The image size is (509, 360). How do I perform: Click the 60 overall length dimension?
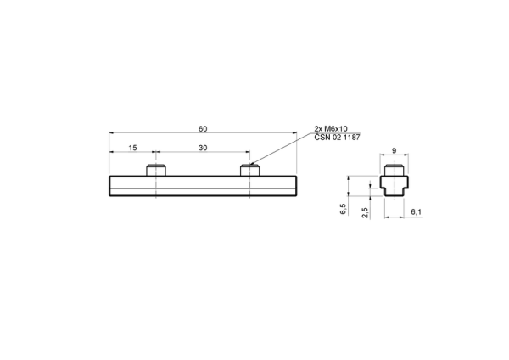203,129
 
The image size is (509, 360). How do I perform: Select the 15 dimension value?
133,148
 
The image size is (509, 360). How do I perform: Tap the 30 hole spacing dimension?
203,148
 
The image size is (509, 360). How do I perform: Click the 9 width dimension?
394,151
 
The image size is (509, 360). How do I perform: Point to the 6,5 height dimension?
343,209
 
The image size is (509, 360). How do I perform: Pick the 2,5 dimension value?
365,213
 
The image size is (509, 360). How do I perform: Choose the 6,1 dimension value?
417,212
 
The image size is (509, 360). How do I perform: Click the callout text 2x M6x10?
331,129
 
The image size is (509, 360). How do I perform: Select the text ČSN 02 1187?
337,137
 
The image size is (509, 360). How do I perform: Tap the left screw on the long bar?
156,171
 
